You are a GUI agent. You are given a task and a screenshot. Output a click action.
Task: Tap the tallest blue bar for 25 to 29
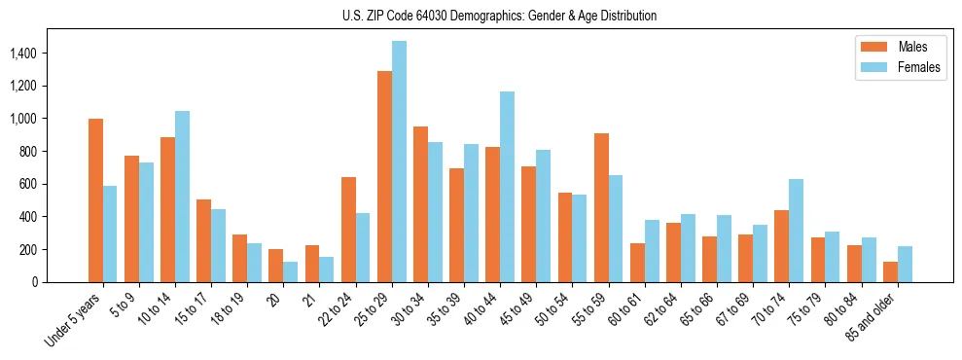(x=399, y=162)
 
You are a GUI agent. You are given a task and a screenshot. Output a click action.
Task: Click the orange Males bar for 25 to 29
(x=384, y=176)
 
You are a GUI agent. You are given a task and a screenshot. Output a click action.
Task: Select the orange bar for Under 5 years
(x=95, y=200)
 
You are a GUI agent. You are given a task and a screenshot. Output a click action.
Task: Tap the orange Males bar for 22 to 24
(x=348, y=230)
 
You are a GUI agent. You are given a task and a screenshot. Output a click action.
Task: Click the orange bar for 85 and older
(x=890, y=271)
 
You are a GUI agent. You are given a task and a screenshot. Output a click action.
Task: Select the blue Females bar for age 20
(x=290, y=271)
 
